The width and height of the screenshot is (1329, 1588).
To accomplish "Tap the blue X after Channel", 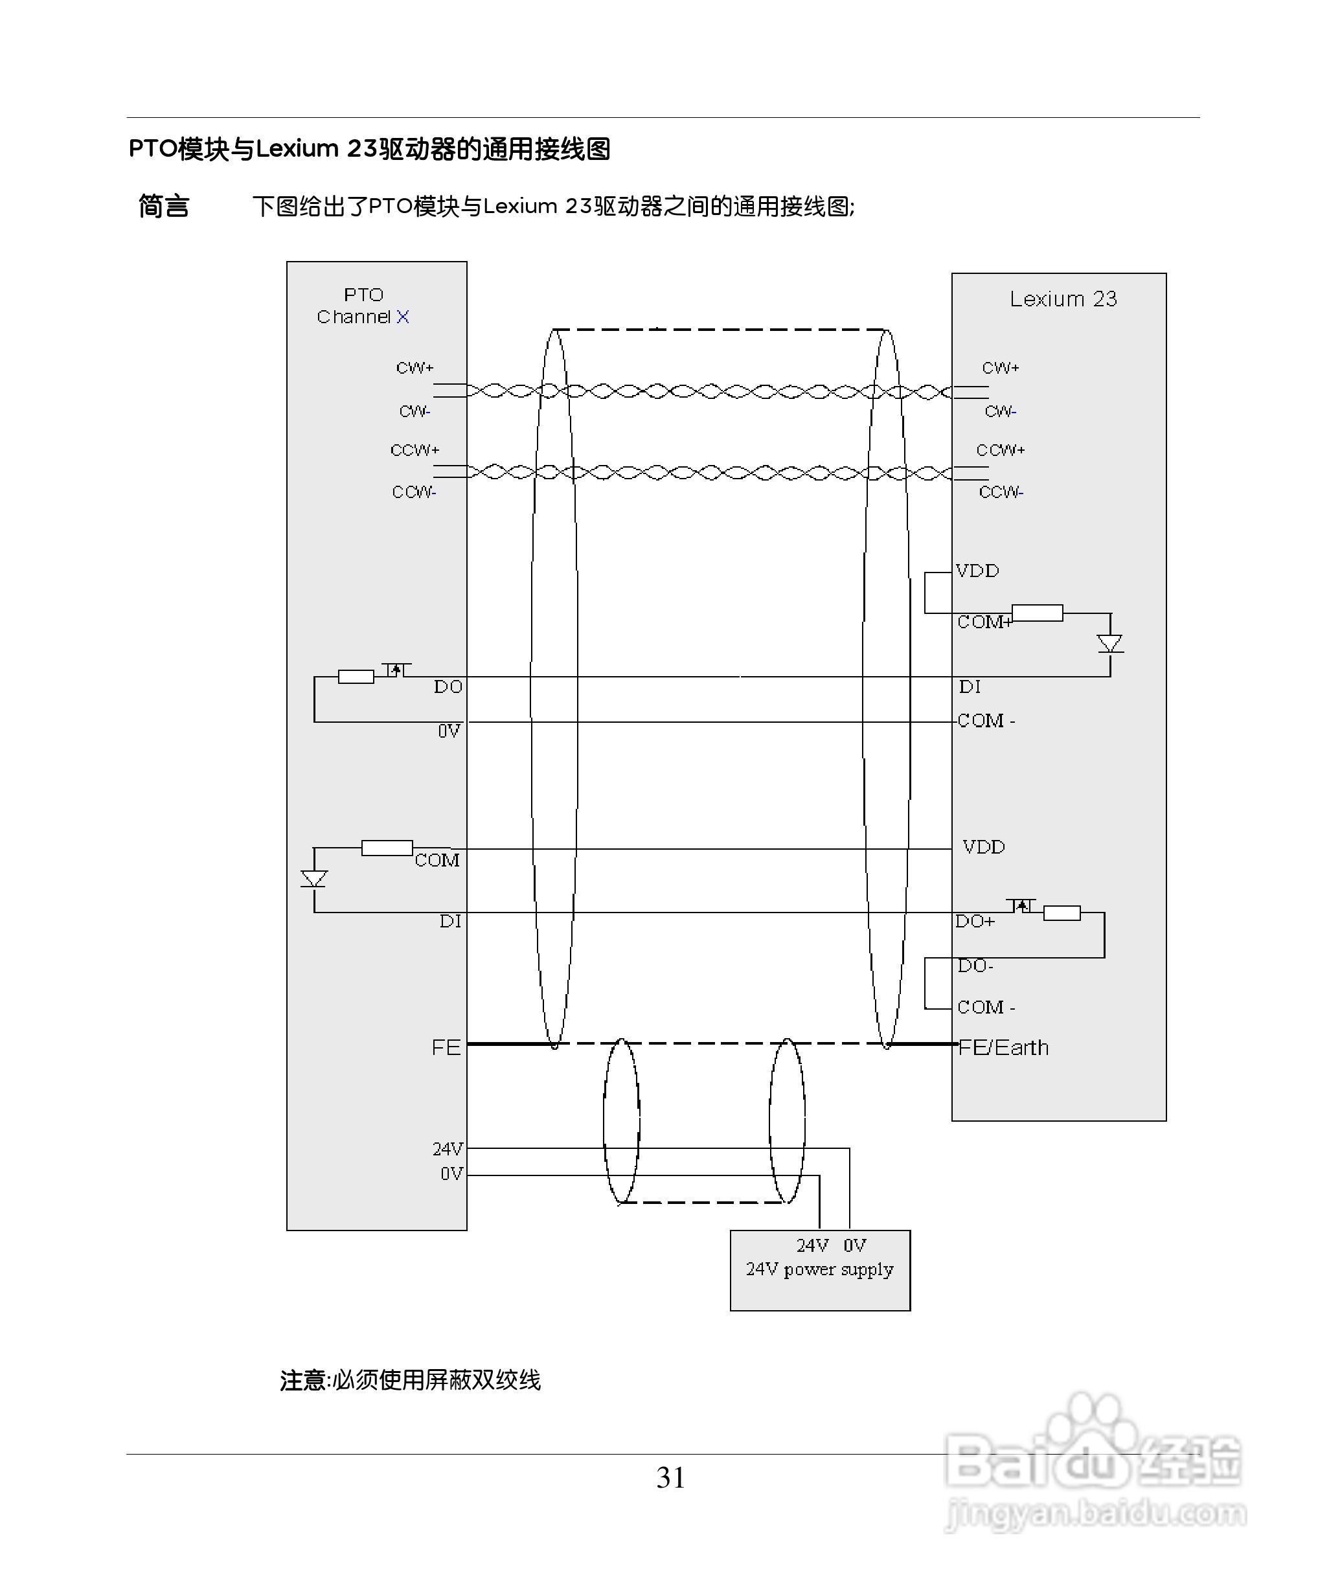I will coord(402,317).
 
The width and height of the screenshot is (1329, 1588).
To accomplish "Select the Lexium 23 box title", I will coord(1063,299).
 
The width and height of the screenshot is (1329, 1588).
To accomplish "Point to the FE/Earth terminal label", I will coord(1003,1047).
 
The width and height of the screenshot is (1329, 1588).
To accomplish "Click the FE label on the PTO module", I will coord(446,1047).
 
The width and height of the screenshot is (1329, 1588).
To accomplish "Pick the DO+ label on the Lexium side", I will coord(975,921).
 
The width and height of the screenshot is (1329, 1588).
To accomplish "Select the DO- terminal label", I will coord(975,966).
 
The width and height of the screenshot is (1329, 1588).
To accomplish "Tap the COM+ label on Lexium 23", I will coord(983,622).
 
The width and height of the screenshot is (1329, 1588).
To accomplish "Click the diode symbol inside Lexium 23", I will coord(1109,644).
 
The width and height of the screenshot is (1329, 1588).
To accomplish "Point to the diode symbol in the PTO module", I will coord(314,879).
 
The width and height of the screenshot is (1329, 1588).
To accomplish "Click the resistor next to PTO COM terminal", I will coord(387,848).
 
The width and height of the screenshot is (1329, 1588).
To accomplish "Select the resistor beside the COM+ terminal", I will coord(1037,613).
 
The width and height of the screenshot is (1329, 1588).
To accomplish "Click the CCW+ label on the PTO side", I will coord(415,450).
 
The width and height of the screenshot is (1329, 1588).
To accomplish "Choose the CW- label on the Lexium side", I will coord(1000,411).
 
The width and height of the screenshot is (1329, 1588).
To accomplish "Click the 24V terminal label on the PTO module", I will coord(447,1149).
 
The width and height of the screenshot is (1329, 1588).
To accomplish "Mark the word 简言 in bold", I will coord(163,206).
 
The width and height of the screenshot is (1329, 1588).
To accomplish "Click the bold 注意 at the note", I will coord(303,1380).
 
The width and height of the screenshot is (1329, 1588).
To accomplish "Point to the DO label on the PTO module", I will coord(448,686).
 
